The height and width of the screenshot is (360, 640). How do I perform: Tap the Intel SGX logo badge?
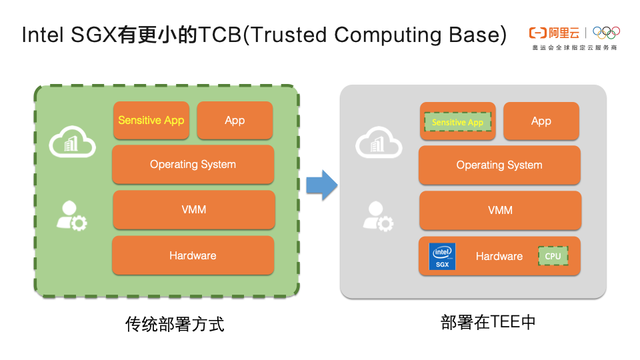point(442,256)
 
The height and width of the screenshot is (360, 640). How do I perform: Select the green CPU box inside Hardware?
point(553,256)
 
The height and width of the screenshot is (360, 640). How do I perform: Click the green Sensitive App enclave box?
point(457,122)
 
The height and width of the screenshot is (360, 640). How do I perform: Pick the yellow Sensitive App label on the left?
point(151,121)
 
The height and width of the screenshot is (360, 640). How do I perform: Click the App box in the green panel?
point(235,121)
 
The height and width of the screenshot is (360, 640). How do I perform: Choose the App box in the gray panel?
point(541,121)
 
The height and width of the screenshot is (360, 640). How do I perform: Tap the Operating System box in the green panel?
point(193,165)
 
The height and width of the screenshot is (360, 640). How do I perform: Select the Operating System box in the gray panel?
point(499,165)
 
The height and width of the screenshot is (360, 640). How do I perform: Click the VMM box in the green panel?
point(193,210)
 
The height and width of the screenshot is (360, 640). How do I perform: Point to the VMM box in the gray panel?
point(500,210)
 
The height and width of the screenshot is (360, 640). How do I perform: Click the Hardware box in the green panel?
point(193,255)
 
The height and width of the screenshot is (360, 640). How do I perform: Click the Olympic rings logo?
point(606,33)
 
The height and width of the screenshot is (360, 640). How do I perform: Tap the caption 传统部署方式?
point(175,325)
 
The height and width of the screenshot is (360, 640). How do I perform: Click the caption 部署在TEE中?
point(489,323)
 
